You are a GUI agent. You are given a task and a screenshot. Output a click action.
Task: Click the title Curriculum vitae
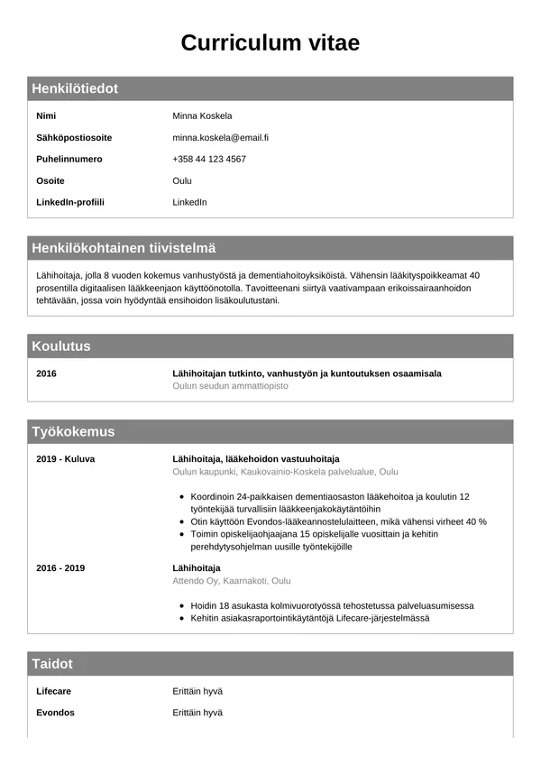[270, 42]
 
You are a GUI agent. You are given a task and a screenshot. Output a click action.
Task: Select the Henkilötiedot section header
[75, 88]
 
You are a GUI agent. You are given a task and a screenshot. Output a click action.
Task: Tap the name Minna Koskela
[202, 115]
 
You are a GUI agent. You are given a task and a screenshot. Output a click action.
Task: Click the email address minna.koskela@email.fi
[220, 137]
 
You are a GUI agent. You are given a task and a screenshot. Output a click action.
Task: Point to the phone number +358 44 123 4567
[208, 159]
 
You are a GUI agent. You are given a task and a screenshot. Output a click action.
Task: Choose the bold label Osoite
[50, 180]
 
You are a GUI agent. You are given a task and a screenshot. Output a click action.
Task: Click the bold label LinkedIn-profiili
[69, 202]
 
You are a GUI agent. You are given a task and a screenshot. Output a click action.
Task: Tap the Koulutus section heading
[61, 346]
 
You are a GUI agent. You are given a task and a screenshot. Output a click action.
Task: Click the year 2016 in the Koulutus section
[46, 373]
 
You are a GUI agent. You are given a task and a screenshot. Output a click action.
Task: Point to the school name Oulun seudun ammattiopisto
[230, 385]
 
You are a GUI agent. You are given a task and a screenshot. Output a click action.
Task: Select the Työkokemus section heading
[73, 431]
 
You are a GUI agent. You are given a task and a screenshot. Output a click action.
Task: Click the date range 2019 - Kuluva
[65, 458]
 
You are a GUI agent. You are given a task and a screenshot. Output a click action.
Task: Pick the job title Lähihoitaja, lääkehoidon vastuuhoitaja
[255, 458]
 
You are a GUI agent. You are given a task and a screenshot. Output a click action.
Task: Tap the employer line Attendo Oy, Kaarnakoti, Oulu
[231, 580]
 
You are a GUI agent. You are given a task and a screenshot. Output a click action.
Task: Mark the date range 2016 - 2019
[60, 567]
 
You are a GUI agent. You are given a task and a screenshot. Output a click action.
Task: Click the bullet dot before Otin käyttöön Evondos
[183, 522]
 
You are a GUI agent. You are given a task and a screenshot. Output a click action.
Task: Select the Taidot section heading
[52, 664]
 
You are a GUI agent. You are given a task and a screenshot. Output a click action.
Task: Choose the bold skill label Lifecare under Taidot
[53, 691]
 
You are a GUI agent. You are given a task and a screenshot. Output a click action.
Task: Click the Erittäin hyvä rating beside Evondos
[197, 713]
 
